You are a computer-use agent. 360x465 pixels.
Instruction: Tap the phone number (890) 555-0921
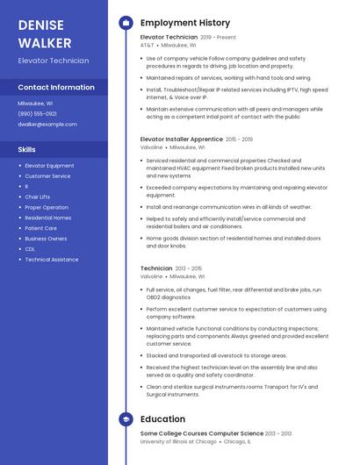(x=38, y=113)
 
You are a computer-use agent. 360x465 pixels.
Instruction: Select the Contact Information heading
(x=56, y=88)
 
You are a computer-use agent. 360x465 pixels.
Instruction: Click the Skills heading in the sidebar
(x=27, y=149)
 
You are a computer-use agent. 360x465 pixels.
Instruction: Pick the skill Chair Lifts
(x=38, y=197)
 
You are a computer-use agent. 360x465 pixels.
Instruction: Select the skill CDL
(x=30, y=249)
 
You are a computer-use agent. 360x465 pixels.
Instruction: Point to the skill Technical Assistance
(x=52, y=260)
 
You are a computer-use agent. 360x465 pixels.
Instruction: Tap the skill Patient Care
(x=41, y=228)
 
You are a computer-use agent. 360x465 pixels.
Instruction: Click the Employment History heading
(x=185, y=23)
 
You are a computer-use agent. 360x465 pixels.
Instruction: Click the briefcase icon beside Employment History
(x=125, y=23)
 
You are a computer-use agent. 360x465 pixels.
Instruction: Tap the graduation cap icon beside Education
(x=125, y=419)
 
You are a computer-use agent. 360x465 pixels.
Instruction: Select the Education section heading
(x=162, y=419)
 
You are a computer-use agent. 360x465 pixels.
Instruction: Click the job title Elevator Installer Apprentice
(x=181, y=139)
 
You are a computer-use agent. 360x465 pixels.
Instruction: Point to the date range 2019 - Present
(x=218, y=38)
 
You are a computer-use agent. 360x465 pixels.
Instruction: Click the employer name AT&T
(x=147, y=46)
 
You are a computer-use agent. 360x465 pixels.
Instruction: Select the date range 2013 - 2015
(x=188, y=268)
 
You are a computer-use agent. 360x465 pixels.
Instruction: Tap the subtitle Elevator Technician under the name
(x=54, y=61)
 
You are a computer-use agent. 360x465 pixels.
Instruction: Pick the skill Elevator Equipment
(x=49, y=165)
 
